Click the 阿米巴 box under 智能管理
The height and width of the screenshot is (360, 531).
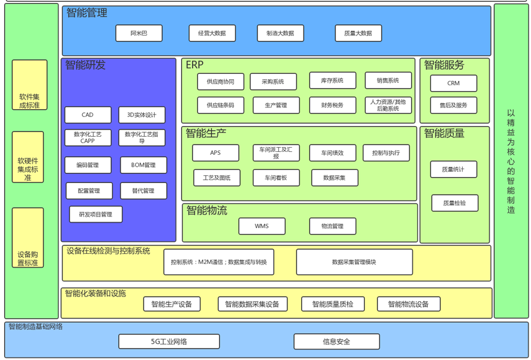coord(139,33)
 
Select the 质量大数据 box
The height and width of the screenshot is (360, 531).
coord(358,33)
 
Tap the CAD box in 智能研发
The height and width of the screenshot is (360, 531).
coord(88,115)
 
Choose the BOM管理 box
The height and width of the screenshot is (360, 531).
coord(142,165)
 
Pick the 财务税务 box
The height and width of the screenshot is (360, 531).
coord(332,105)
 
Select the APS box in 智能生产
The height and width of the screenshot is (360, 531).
coord(215,153)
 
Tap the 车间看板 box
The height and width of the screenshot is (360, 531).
coord(276,178)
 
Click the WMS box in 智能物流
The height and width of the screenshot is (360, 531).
coord(262,226)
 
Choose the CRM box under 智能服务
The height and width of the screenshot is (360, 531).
coord(454,83)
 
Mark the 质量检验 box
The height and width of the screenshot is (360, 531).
coord(454,203)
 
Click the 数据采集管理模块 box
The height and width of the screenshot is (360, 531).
coord(354,262)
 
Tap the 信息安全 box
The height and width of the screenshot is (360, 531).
coord(336,341)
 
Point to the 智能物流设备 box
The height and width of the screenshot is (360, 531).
coord(408,304)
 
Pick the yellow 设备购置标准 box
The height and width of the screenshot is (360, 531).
coord(28,238)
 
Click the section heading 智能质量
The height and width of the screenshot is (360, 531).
coord(444,133)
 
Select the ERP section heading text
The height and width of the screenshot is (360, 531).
coord(195,64)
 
